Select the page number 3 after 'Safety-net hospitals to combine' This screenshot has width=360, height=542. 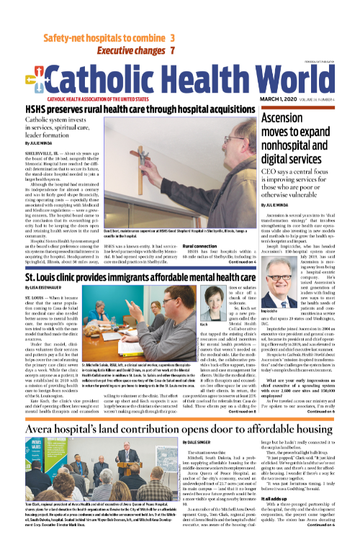pos(173,37)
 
